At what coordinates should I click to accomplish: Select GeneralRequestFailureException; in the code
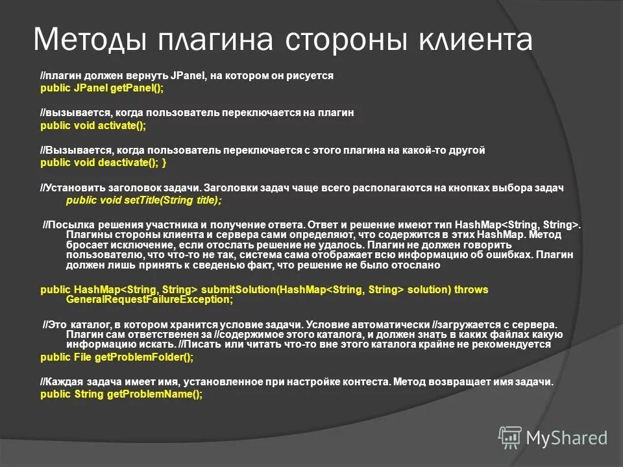pyautogui.click(x=149, y=300)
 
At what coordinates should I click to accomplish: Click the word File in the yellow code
pyautogui.click(x=84, y=357)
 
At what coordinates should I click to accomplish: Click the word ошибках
pyautogui.click(x=500, y=256)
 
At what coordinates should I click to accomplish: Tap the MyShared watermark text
pyautogui.click(x=567, y=438)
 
